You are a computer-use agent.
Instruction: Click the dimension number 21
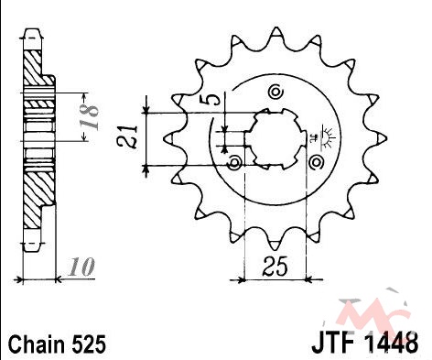(x=128, y=136)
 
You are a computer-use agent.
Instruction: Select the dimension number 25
(x=275, y=267)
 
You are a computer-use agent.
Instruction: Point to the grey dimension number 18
(x=89, y=117)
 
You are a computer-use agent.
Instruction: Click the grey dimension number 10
(x=81, y=267)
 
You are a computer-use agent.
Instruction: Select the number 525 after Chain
(x=89, y=344)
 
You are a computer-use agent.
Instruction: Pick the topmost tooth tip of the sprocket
(x=276, y=28)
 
